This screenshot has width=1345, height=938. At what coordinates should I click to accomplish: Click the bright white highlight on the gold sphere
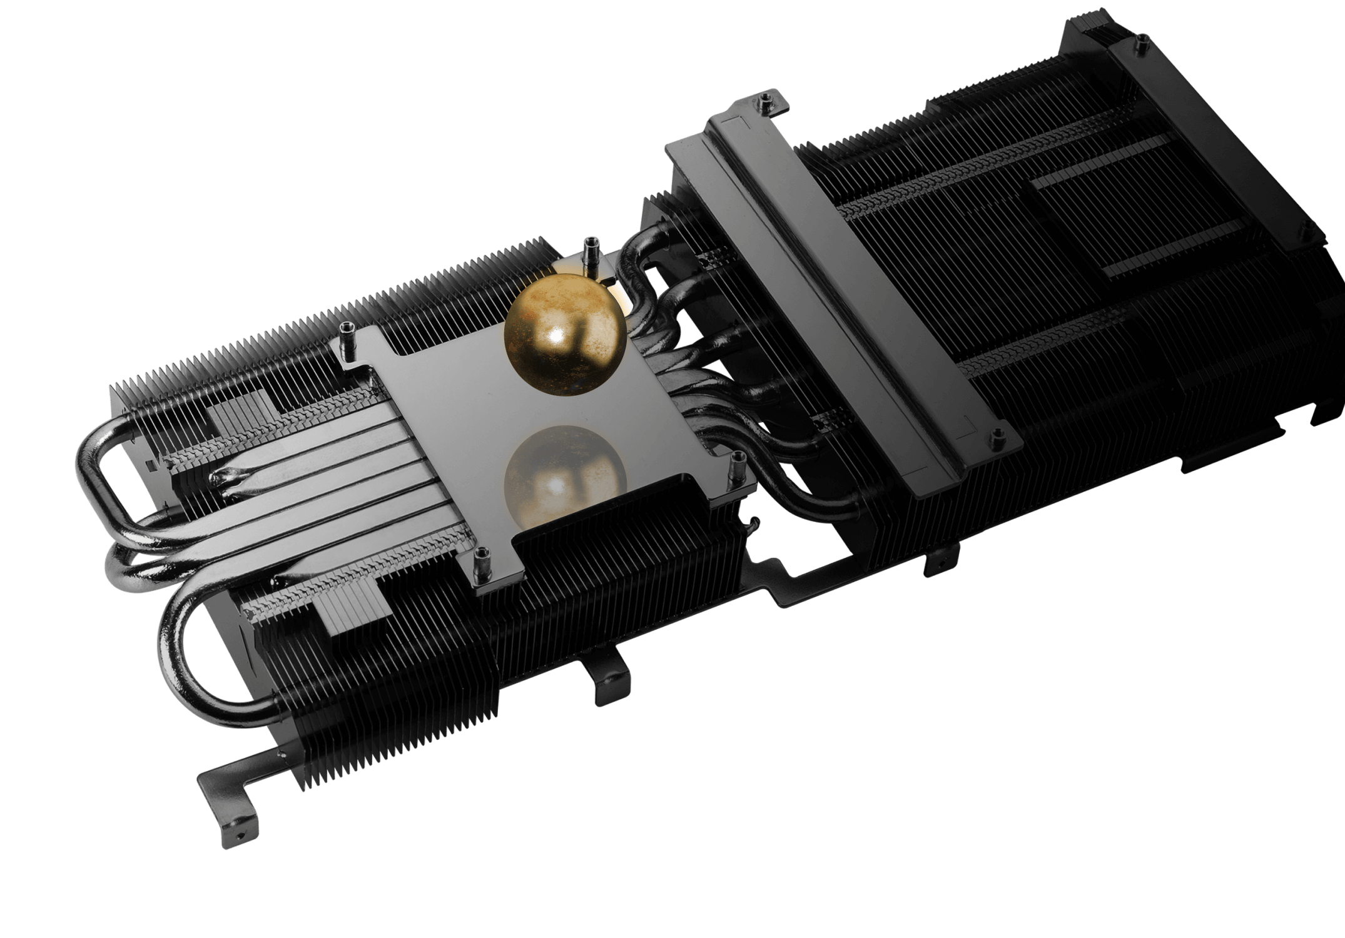(556, 338)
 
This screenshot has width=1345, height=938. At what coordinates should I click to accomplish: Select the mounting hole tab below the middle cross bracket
(941, 562)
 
